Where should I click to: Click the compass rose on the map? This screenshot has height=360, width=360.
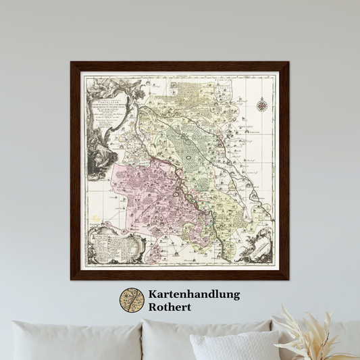point(261,104)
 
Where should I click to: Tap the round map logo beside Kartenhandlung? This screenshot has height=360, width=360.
point(132,301)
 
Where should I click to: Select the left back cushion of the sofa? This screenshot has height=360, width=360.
point(74,341)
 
